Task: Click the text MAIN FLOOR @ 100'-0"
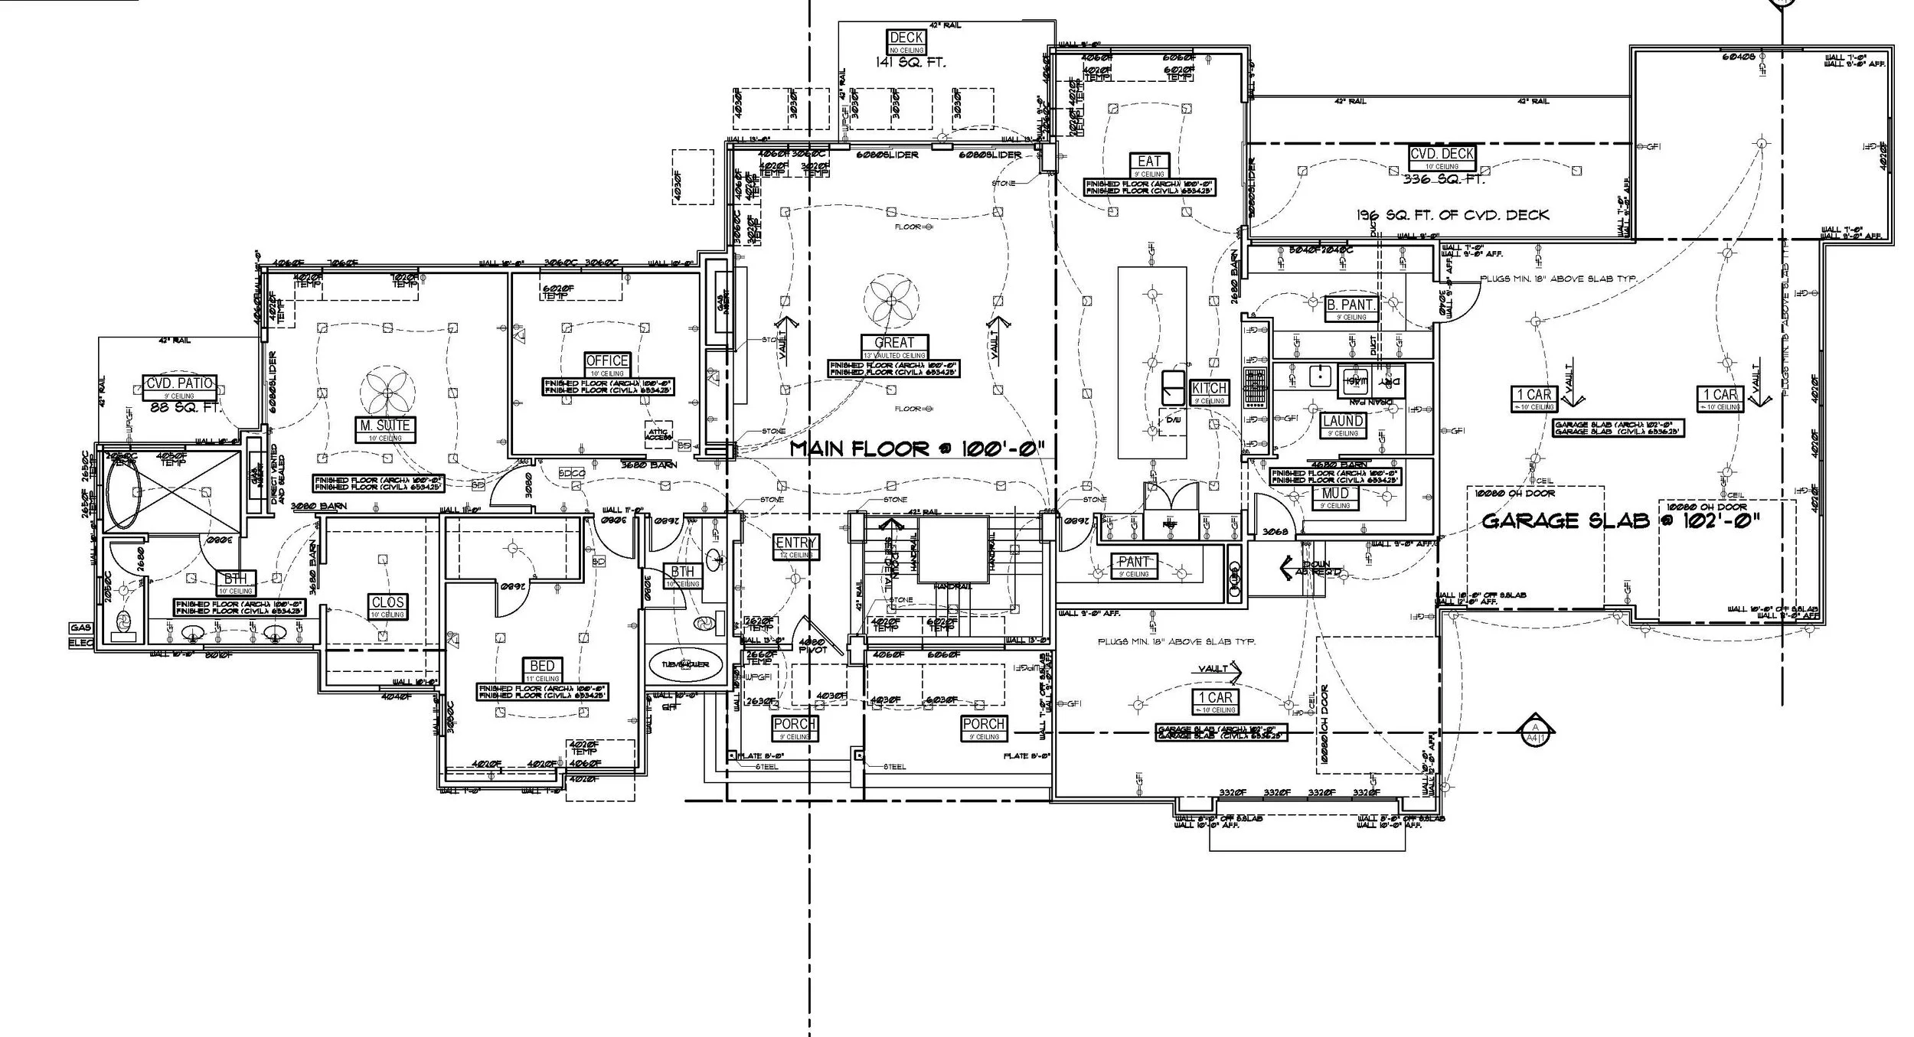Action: pyautogui.click(x=917, y=448)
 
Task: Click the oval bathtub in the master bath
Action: pyautogui.click(x=122, y=493)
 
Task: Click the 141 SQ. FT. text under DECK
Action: pyautogui.click(x=910, y=63)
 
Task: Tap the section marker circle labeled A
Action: pyautogui.click(x=1533, y=731)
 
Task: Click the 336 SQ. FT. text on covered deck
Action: pyautogui.click(x=1443, y=179)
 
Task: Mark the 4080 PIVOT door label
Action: pyautogui.click(x=812, y=646)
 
